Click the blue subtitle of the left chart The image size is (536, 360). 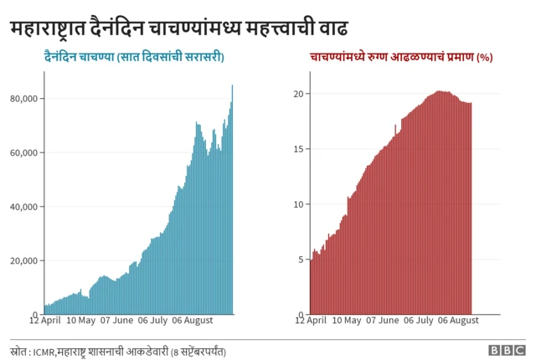[x=139, y=57]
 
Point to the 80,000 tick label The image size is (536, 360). [x=23, y=99]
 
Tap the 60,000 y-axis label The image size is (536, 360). [x=23, y=152]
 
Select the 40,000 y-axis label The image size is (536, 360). [x=23, y=207]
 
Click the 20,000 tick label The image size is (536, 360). [x=23, y=260]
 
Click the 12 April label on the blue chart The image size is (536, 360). [x=45, y=321]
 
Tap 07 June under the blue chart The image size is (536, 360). [x=117, y=321]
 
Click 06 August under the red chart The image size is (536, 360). [x=458, y=321]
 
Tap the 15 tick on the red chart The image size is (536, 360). [x=298, y=149]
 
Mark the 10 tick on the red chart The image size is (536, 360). [x=298, y=204]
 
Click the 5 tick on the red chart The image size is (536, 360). [x=301, y=260]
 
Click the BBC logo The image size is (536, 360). [x=507, y=350]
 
